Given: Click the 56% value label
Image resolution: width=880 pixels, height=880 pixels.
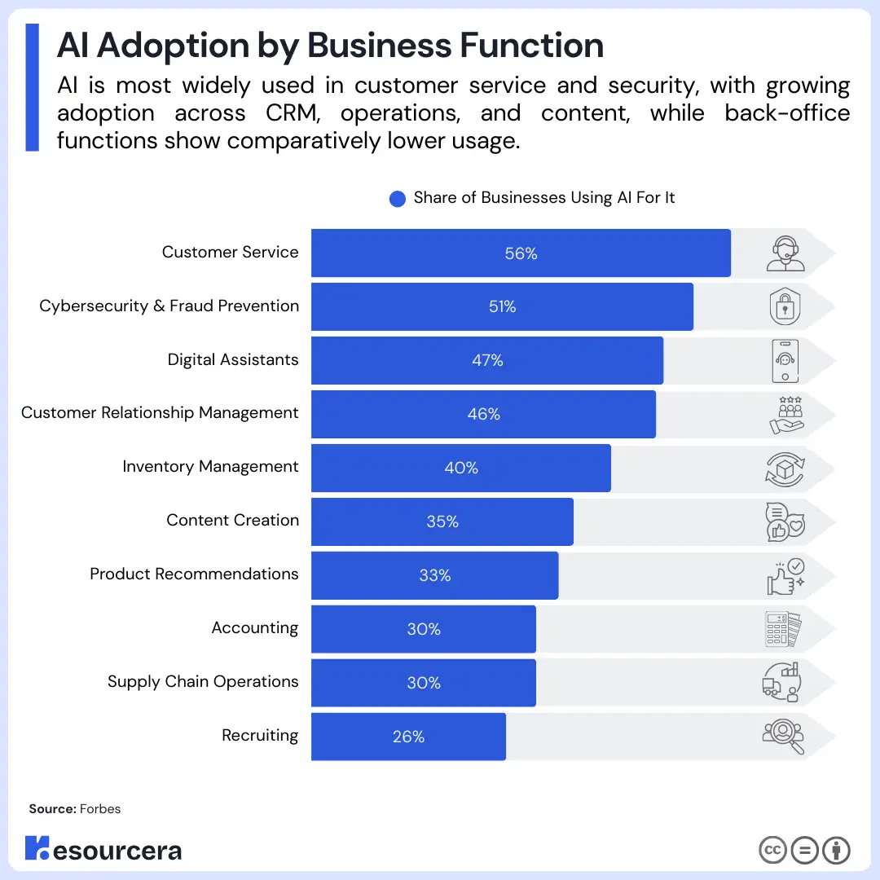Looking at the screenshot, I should (521, 253).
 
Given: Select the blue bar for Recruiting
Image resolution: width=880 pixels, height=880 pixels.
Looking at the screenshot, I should (407, 737).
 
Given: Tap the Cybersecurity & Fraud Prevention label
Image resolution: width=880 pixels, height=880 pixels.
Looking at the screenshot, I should (169, 306).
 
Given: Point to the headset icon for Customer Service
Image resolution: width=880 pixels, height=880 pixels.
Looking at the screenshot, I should (785, 253).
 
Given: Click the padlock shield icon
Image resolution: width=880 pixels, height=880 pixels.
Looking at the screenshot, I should (785, 307).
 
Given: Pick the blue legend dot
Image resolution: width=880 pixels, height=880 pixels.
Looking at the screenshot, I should (398, 199).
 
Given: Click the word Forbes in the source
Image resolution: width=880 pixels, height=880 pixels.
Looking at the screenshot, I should (100, 809).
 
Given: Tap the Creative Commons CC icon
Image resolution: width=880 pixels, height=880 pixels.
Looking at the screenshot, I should (772, 850).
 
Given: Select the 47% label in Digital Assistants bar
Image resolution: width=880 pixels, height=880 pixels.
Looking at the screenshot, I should (487, 360).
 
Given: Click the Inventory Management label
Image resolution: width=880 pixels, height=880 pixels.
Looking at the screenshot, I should (210, 467).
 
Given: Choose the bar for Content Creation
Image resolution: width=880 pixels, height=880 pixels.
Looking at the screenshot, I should (442, 521).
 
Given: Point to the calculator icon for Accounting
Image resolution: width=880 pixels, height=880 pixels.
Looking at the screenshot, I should (783, 629).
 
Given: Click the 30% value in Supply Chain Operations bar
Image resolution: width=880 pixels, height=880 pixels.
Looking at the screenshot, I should (424, 683).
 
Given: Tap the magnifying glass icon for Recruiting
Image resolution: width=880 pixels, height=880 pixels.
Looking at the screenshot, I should (784, 737).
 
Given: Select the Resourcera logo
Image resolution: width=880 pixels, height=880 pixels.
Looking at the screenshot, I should (103, 849).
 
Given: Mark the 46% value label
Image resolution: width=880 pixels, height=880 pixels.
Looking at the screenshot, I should (483, 414).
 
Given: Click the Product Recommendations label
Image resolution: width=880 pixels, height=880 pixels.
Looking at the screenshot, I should (194, 574).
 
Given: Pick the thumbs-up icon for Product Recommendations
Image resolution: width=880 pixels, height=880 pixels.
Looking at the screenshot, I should (785, 576).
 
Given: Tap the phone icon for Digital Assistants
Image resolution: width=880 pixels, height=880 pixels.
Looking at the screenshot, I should (785, 361).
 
